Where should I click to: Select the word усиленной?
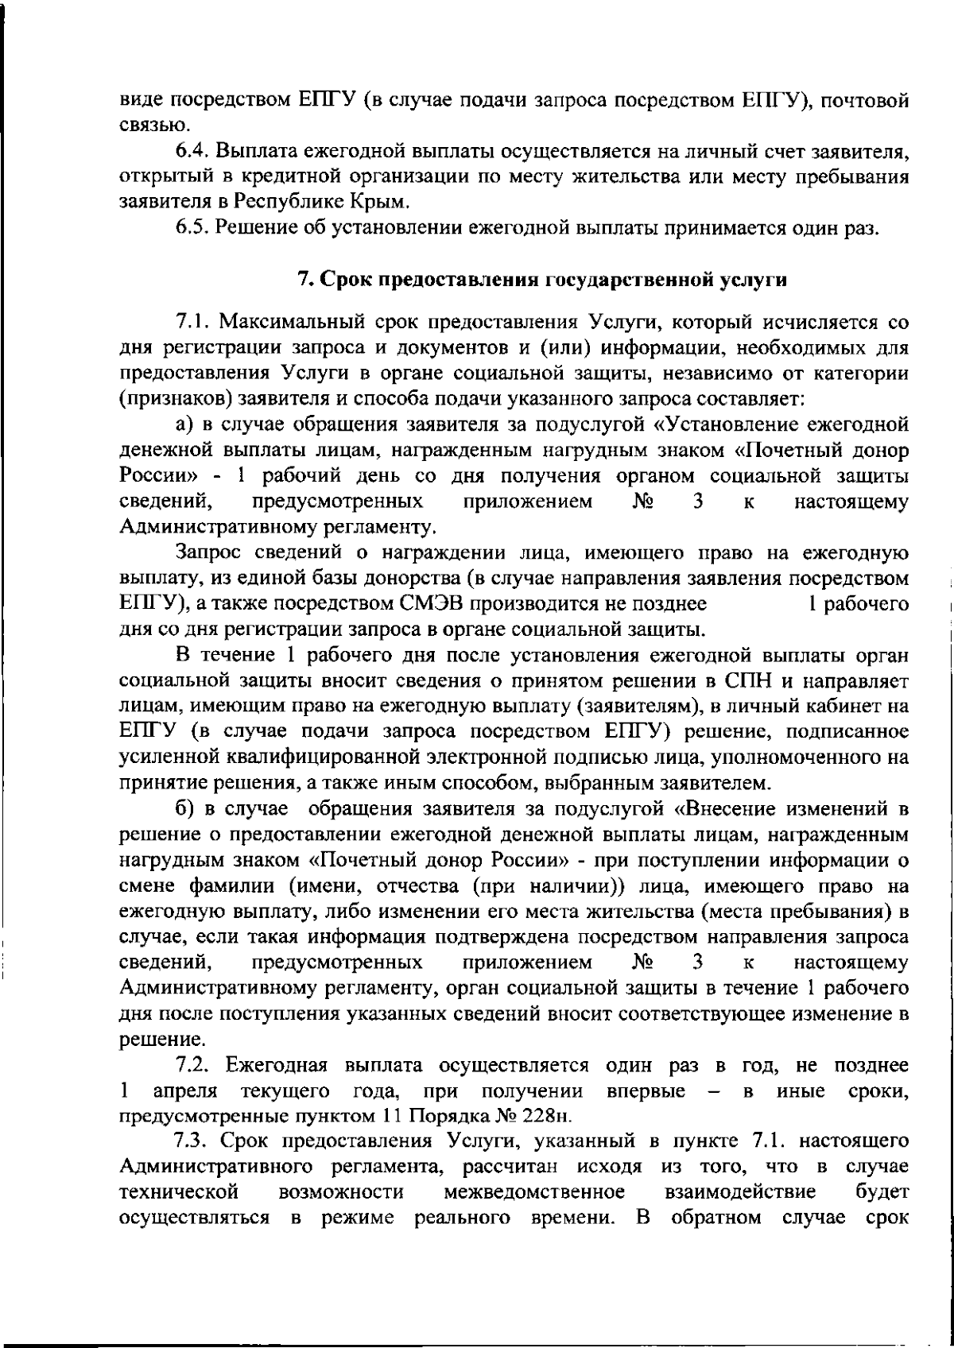170,757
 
